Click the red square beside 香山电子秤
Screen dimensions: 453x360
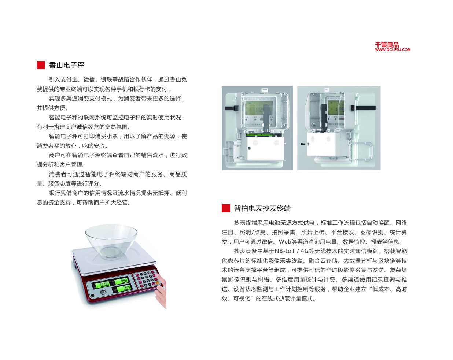41,65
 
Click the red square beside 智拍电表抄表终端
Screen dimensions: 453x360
226,208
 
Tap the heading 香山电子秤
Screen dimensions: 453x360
66,65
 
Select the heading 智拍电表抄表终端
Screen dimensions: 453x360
262,208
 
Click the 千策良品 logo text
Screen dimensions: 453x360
387,45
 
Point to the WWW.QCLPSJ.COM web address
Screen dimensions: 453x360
393,50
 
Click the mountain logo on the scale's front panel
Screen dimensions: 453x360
103,292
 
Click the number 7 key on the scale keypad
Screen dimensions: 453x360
141,274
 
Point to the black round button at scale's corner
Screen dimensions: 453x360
93,295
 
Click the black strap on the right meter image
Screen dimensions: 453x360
363,108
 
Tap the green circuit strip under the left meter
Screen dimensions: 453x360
261,134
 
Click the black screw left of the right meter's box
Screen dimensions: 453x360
303,144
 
